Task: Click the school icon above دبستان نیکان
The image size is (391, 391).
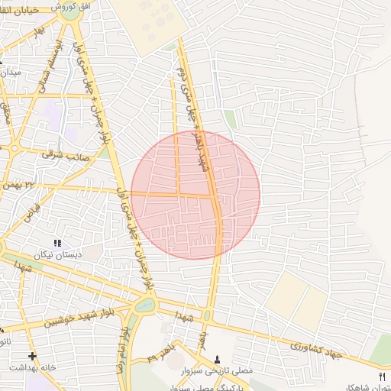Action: [x=58, y=243]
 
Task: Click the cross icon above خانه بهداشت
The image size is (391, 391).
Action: [x=32, y=356]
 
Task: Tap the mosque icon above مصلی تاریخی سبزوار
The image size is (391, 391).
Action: [x=218, y=359]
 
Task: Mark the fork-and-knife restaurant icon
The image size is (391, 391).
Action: [x=382, y=376]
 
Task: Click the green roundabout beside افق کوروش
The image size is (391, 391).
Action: [x=69, y=11]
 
